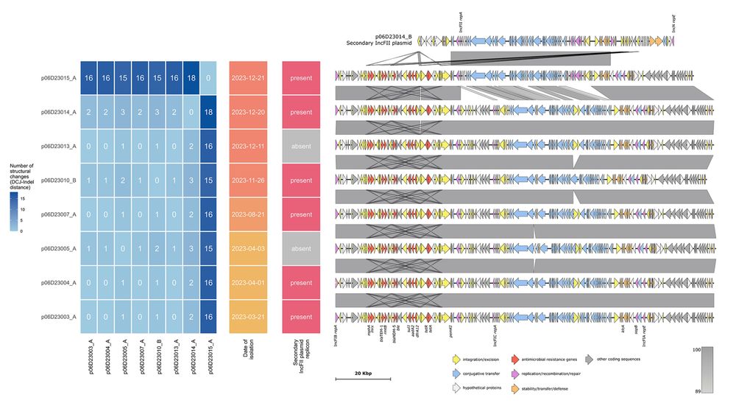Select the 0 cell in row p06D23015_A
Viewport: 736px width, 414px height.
point(210,77)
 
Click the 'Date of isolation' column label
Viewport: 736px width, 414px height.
point(249,347)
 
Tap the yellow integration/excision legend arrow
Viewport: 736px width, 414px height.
point(456,359)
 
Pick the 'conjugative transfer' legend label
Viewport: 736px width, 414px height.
point(486,374)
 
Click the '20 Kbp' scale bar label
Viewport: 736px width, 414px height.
point(362,373)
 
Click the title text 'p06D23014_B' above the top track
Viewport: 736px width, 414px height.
point(393,36)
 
